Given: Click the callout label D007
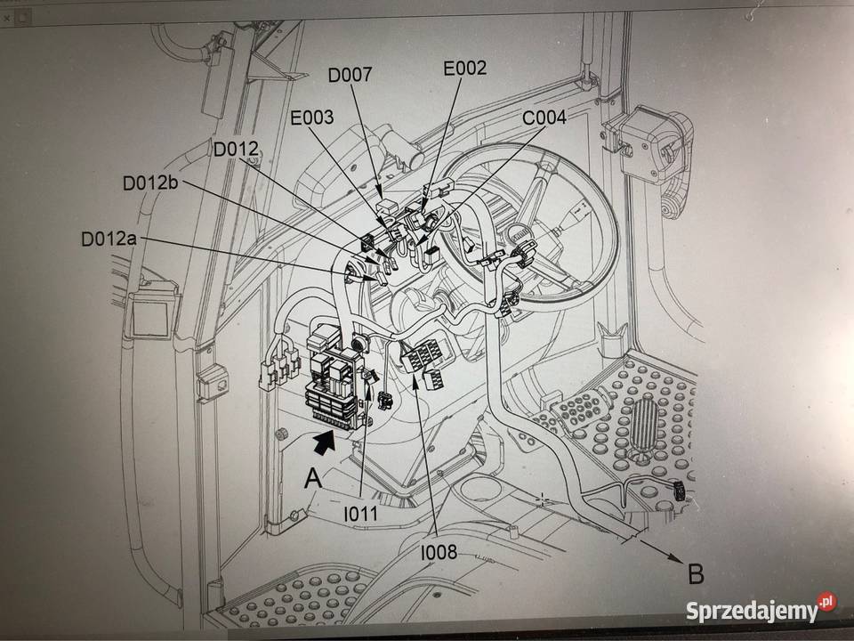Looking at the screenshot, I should pyautogui.click(x=350, y=75).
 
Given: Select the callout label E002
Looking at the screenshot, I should pyautogui.click(x=464, y=67).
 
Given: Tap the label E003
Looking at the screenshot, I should pyautogui.click(x=311, y=117).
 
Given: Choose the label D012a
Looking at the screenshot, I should pyautogui.click(x=109, y=239).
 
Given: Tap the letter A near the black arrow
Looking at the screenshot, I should pyautogui.click(x=312, y=478).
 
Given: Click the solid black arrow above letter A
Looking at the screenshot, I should pyautogui.click(x=324, y=438).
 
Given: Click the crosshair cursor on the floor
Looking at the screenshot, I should pyautogui.click(x=543, y=499).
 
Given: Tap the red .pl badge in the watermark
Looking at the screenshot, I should pyautogui.click(x=827, y=603).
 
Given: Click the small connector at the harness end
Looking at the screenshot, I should pyautogui.click(x=678, y=489).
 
